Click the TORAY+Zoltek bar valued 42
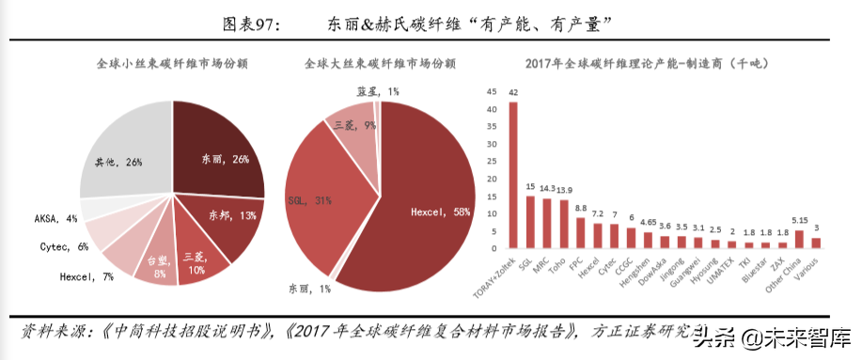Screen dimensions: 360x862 pyautogui.click(x=513, y=175)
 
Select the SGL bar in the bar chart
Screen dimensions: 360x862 pyautogui.click(x=530, y=222)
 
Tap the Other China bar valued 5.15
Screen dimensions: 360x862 pyautogui.click(x=799, y=239)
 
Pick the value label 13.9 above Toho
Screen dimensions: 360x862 pyautogui.click(x=564, y=191)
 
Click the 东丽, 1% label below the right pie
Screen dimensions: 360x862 pyautogui.click(x=310, y=289)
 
